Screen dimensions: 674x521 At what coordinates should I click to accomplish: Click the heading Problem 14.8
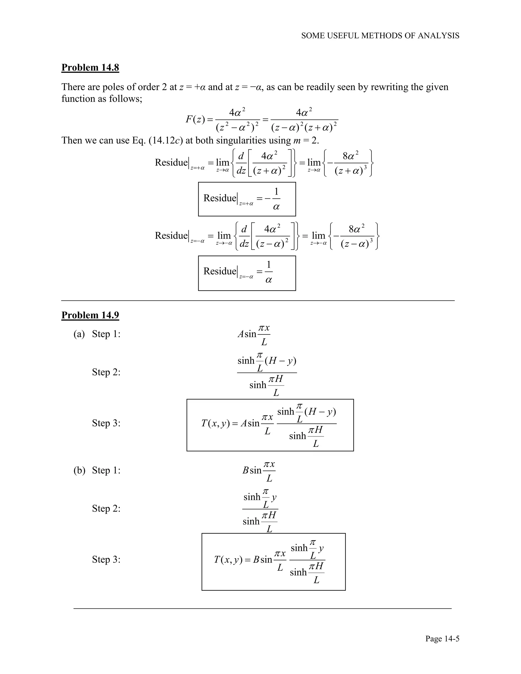click(90, 67)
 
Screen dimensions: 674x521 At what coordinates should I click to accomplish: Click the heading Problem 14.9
click(90, 315)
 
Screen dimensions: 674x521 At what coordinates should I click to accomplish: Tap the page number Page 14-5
click(442, 638)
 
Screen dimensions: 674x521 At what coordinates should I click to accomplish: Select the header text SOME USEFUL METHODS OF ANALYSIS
click(380, 36)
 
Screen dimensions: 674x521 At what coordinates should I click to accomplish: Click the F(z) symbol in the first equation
click(195, 120)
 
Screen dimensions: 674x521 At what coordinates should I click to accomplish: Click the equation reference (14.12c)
click(166, 140)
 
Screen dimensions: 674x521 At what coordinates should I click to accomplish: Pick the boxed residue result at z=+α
click(247, 199)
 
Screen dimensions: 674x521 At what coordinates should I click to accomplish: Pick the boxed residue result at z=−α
click(247, 273)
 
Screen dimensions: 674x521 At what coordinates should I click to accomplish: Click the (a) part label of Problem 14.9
click(79, 334)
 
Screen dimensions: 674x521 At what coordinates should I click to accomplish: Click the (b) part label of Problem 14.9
click(79, 470)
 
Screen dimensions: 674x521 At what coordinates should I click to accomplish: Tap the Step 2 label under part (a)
click(106, 372)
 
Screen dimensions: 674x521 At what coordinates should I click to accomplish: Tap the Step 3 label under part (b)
click(106, 559)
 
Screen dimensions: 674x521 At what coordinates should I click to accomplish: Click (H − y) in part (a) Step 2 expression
click(281, 360)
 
